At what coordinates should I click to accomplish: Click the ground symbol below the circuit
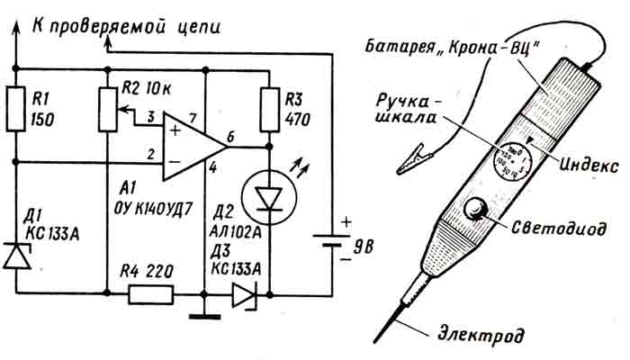tap(205, 316)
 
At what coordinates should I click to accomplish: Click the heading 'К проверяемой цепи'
tap(125, 26)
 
